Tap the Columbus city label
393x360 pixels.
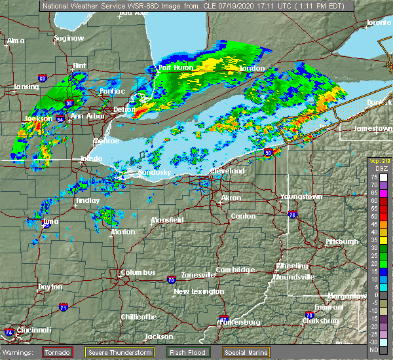click(138, 273)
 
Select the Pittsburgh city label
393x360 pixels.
click(342, 242)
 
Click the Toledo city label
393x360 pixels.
click(91, 159)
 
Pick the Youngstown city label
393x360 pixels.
click(301, 197)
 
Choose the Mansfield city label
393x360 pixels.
click(168, 221)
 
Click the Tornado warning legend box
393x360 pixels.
click(58, 352)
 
